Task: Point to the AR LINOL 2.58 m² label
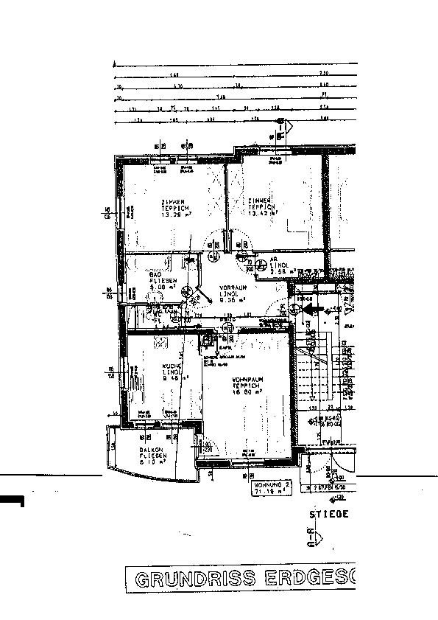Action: (x=280, y=267)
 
